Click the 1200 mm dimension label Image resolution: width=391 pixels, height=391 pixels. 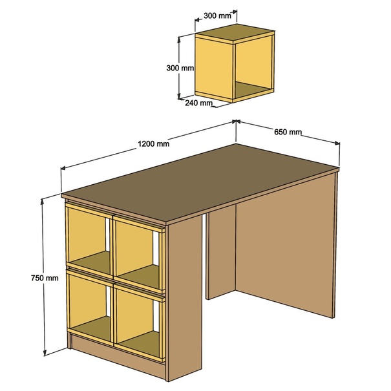pyautogui.click(x=154, y=144)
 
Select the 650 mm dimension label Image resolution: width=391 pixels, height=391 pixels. pyautogui.click(x=288, y=132)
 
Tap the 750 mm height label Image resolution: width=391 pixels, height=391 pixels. pyautogui.click(x=45, y=278)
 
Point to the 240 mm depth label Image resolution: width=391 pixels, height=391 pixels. pyautogui.click(x=199, y=103)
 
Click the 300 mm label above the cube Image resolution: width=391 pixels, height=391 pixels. pyautogui.click(x=217, y=16)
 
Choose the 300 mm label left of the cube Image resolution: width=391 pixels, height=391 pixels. pyautogui.click(x=180, y=68)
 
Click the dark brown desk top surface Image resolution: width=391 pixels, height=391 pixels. pyautogui.click(x=200, y=182)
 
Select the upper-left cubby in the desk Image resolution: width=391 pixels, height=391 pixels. pyautogui.click(x=89, y=239)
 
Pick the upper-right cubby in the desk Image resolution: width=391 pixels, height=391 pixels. pyautogui.click(x=139, y=255)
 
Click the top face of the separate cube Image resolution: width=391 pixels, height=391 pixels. pyautogui.click(x=235, y=32)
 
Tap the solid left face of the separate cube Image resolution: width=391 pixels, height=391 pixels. pyautogui.click(x=214, y=68)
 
